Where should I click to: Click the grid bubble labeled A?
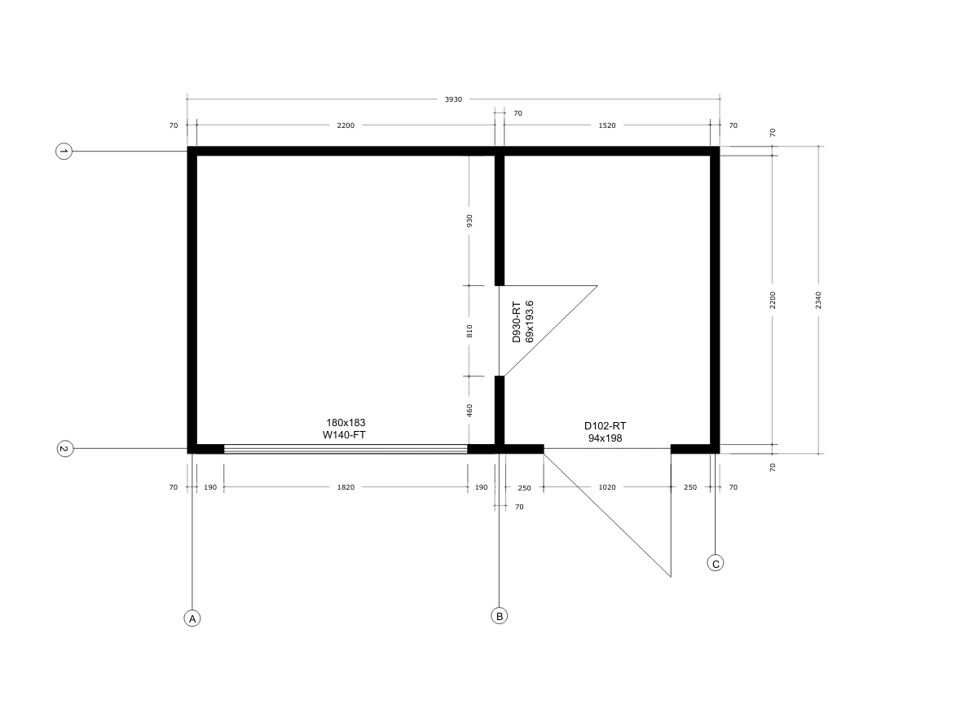pos(192,618)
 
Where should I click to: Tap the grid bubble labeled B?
pos(499,615)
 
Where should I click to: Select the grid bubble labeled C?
pos(715,563)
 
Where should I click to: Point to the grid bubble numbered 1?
pos(64,152)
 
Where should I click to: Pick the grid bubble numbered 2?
pos(64,449)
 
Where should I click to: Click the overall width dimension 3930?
pos(454,99)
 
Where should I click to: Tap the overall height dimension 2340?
pos(818,301)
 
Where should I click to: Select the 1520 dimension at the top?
pos(607,125)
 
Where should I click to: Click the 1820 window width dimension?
pos(346,487)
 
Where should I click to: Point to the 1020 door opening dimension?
pos(607,487)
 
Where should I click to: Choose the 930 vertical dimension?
pos(469,221)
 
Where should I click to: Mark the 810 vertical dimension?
pos(469,331)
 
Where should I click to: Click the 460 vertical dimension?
pos(469,411)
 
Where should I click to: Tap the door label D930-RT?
pos(517,322)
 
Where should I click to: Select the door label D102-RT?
pos(605,426)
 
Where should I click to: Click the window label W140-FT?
pos(344,435)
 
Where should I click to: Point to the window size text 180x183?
pos(346,423)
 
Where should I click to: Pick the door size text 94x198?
pos(605,438)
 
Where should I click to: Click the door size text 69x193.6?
pos(529,322)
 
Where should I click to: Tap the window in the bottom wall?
pos(346,449)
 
